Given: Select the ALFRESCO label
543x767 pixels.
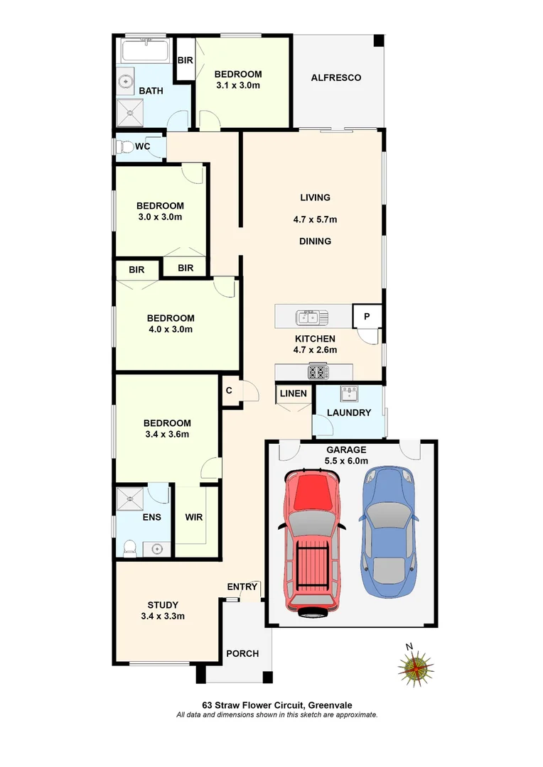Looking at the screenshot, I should [336, 77].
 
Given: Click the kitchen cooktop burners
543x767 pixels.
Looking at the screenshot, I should [318, 371].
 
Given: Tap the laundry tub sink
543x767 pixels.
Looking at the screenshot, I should [348, 393].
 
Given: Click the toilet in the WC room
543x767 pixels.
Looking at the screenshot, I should [123, 147].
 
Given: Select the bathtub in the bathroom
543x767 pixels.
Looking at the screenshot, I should [145, 52].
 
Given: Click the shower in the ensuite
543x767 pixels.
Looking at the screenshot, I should [130, 498].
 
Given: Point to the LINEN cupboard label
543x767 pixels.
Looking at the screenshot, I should [293, 393].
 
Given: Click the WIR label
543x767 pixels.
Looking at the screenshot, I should [194, 517].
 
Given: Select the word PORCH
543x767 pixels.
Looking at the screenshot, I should [242, 653].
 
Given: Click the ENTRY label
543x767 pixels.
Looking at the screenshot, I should [242, 587].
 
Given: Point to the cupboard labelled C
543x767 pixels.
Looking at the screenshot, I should [229, 390].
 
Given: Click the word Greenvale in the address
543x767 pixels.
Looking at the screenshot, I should [331, 705].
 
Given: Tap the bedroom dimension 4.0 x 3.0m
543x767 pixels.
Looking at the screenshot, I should [171, 329].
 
